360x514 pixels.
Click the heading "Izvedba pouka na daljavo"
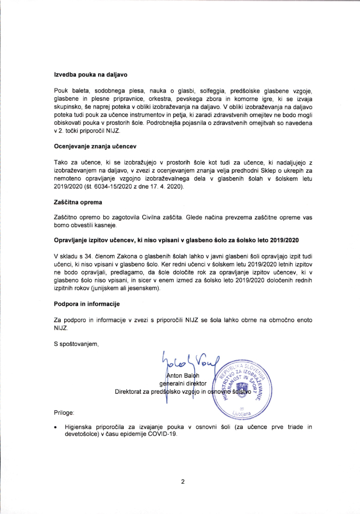[90, 75]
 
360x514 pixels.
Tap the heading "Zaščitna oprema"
[78, 202]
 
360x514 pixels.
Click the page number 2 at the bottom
[182, 482]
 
